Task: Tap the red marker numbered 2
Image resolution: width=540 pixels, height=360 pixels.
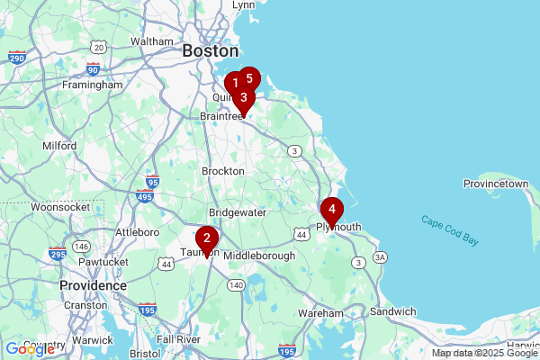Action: (x=207, y=238)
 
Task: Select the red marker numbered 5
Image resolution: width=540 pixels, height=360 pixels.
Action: (x=249, y=78)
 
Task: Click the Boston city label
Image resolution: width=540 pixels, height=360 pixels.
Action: (x=210, y=51)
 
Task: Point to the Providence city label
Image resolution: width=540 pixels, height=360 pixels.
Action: (x=93, y=284)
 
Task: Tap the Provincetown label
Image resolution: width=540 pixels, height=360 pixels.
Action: (x=495, y=184)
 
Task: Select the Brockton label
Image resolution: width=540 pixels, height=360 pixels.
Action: (x=223, y=171)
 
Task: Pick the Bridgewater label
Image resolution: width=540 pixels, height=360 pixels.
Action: (x=238, y=212)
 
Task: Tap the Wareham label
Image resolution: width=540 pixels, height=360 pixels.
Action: (x=321, y=312)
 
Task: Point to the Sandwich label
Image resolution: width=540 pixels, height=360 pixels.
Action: (x=392, y=311)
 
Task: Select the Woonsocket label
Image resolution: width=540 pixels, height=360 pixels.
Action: (x=57, y=207)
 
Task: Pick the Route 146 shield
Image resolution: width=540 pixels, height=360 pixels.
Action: (x=82, y=247)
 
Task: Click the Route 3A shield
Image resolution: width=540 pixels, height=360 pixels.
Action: (x=381, y=257)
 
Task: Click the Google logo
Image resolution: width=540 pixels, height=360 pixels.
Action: (x=29, y=349)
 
